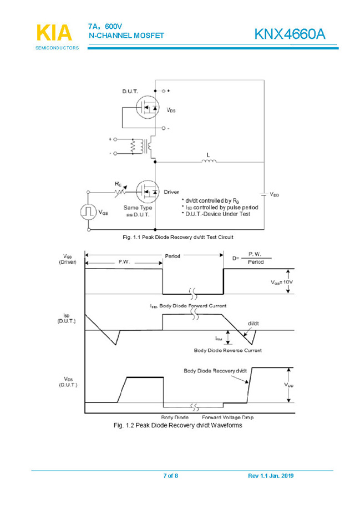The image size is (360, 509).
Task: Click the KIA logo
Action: (54, 33)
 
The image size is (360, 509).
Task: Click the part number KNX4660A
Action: (290, 34)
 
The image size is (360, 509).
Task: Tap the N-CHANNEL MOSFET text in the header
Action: (126, 36)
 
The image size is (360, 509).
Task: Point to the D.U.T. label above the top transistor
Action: (131, 91)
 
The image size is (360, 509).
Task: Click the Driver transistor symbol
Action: (148, 191)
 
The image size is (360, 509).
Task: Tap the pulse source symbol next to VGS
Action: (88, 211)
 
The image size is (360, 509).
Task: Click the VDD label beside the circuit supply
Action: (275, 194)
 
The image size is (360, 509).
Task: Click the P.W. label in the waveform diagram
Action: (123, 262)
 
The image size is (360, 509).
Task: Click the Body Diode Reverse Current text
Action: (227, 350)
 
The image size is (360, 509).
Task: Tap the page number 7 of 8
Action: (170, 476)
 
